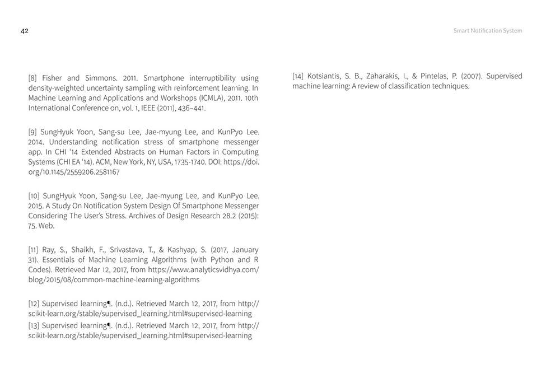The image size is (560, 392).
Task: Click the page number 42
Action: pos(24,31)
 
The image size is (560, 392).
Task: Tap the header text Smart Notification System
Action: pos(487,31)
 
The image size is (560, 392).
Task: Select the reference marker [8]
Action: pos(33,78)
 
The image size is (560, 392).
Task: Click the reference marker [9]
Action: pos(33,132)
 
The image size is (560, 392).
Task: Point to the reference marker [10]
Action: pos(35,196)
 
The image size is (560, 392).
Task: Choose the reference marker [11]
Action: pos(34,250)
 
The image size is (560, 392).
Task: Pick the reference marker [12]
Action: pos(35,304)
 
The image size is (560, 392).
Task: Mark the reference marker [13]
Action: pos(35,325)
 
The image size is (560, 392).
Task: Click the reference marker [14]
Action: pos(298,76)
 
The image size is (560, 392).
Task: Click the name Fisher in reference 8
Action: pos(53,78)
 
